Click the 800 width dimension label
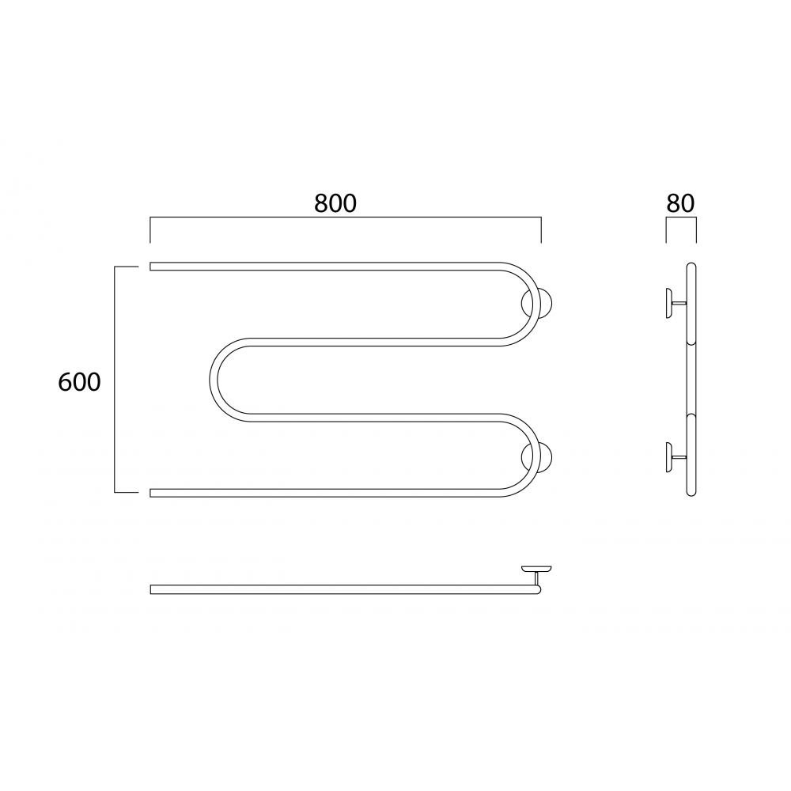335,203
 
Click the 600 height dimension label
79,382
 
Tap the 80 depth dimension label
680,203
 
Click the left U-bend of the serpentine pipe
214,380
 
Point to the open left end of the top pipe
150,267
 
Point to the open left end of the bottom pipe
150,493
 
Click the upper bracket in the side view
675,303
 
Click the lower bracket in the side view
675,457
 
